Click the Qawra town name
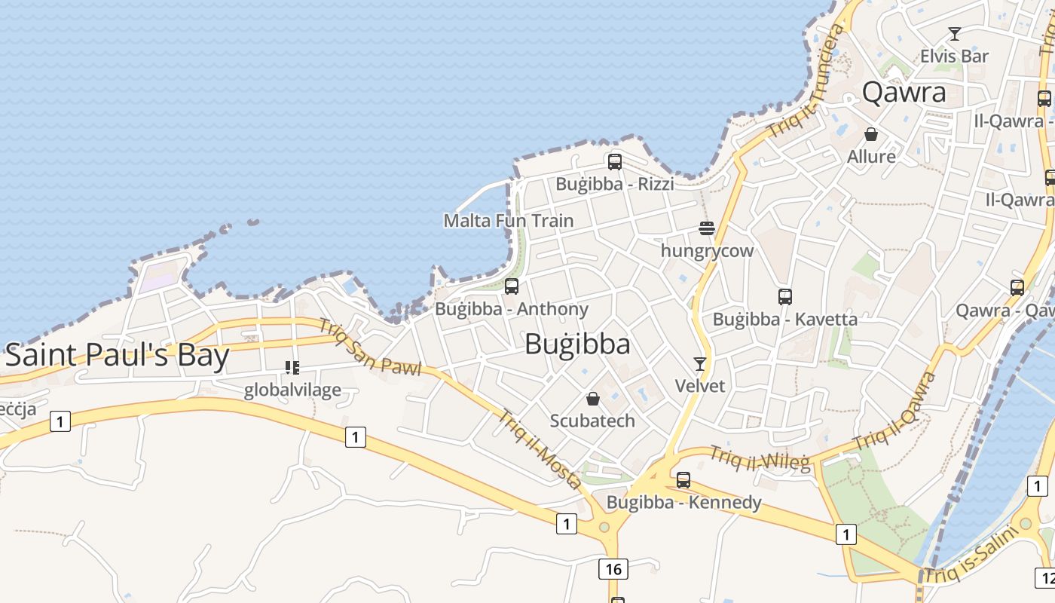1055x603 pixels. tap(904, 92)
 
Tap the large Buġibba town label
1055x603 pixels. tap(577, 344)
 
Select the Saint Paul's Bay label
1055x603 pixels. tap(117, 355)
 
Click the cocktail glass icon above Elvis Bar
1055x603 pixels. tap(955, 34)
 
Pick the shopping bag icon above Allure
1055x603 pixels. tap(871, 134)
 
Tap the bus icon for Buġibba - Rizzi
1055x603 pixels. tap(615, 161)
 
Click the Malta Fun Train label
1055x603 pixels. tap(509, 221)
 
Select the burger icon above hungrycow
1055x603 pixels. tap(707, 228)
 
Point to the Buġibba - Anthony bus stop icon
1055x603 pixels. tap(512, 286)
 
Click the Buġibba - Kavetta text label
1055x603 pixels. tap(785, 319)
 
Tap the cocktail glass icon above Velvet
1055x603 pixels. tap(700, 364)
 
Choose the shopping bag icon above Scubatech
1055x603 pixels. tap(593, 399)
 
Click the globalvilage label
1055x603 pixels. tap(292, 390)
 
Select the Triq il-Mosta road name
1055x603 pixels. tap(540, 449)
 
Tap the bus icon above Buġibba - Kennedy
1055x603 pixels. tap(683, 479)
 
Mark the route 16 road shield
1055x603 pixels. tap(613, 568)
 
